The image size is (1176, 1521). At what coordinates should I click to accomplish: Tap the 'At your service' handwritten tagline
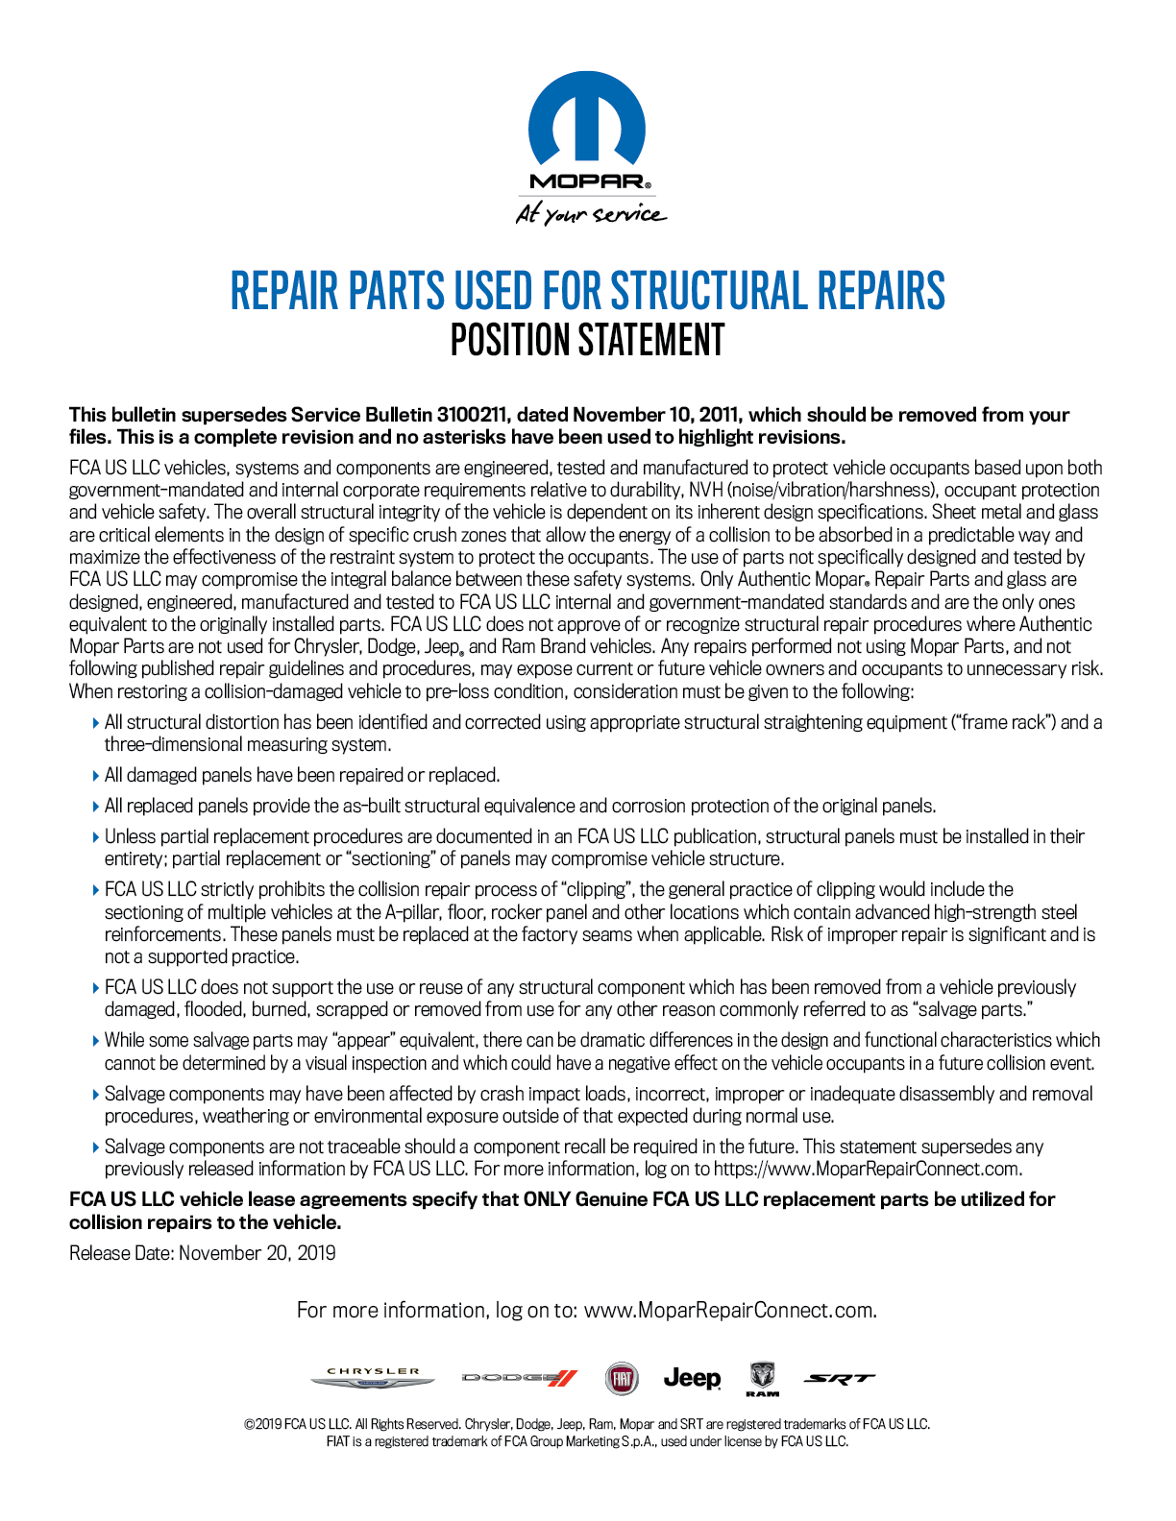[x=590, y=213]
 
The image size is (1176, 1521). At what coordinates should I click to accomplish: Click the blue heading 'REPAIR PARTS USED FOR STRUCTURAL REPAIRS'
[x=587, y=291]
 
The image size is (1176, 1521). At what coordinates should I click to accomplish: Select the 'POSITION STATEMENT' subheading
[x=587, y=341]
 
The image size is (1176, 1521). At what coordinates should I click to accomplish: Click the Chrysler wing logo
[x=373, y=1379]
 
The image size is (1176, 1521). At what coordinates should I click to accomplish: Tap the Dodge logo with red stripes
[x=520, y=1379]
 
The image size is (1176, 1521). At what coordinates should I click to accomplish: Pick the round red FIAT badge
[x=622, y=1379]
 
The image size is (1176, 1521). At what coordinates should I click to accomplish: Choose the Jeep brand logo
[x=692, y=1379]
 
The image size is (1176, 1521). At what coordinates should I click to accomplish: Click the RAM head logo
[x=762, y=1379]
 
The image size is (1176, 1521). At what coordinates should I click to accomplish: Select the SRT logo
[x=839, y=1379]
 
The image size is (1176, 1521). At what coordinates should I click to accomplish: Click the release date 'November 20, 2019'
[x=257, y=1253]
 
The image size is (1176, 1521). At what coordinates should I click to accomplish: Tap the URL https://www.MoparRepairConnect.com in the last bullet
[x=868, y=1169]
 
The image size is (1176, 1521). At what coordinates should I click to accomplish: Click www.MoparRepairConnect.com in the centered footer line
[x=730, y=1311]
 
